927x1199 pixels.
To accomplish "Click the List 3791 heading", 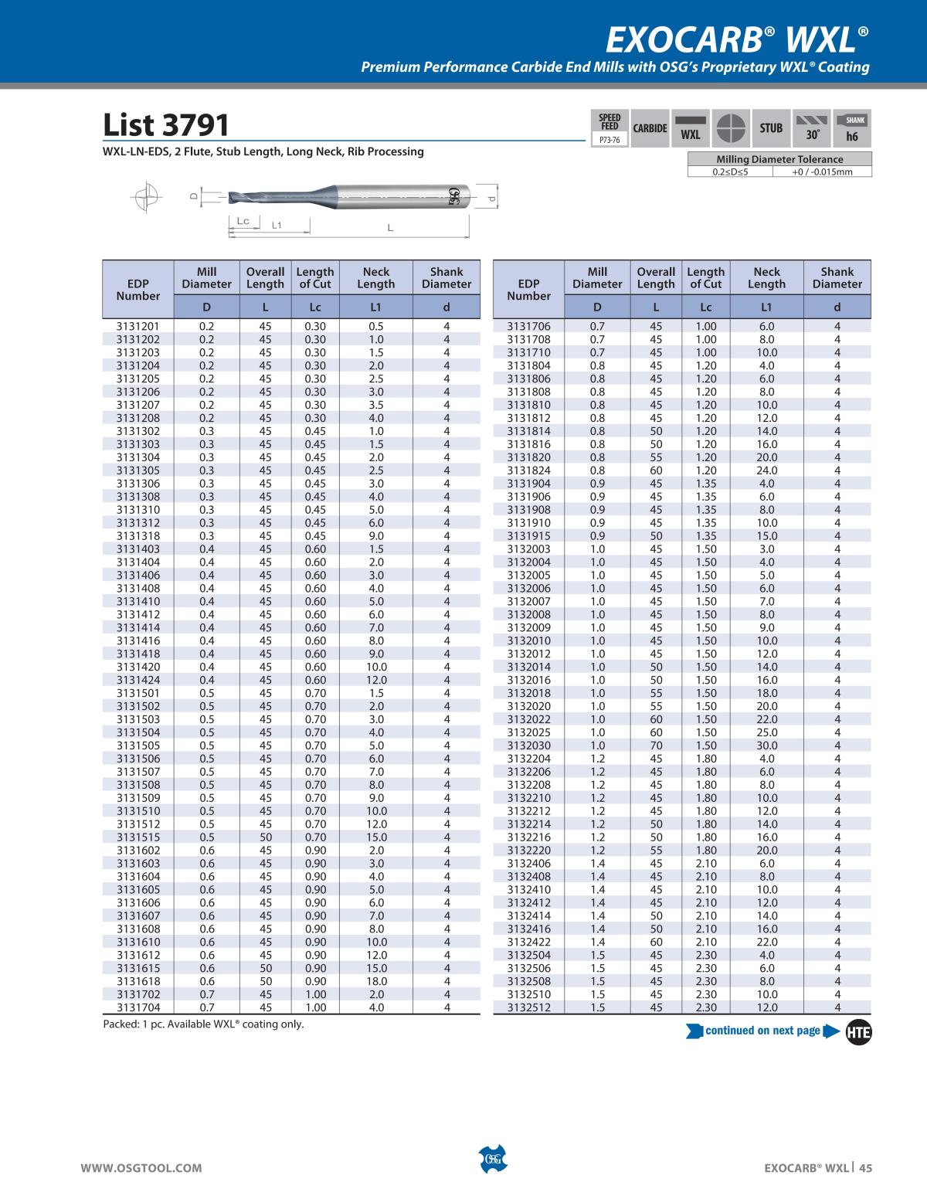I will pyautogui.click(x=166, y=125).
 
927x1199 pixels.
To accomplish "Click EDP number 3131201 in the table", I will pyautogui.click(x=138, y=326).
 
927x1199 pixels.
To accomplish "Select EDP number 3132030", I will pyautogui.click(x=528, y=746).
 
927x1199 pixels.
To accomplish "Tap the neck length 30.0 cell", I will pyautogui.click(x=766, y=746).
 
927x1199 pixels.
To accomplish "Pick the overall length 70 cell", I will pyautogui.click(x=656, y=746).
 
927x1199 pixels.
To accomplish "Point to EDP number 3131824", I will pyautogui.click(x=528, y=470).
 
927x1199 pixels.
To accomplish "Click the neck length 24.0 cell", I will pyautogui.click(x=766, y=470).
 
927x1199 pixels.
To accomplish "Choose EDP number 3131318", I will pyautogui.click(x=138, y=536).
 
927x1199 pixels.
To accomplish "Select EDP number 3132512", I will pyautogui.click(x=528, y=1007).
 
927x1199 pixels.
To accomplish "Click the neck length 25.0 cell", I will pyautogui.click(x=766, y=732).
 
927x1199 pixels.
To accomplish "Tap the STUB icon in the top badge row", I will pyautogui.click(x=771, y=128).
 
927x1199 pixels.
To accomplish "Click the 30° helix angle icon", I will pyautogui.click(x=812, y=128).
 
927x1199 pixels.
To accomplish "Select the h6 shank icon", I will pyautogui.click(x=853, y=128).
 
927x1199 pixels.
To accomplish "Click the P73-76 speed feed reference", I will pyautogui.click(x=610, y=141).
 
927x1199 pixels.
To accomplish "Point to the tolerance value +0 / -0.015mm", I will pyautogui.click(x=822, y=172).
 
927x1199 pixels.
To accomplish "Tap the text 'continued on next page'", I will pyautogui.click(x=762, y=1031).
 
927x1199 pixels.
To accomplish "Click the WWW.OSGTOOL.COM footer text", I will pyautogui.click(x=142, y=1168).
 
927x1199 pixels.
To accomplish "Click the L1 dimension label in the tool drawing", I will pyautogui.click(x=277, y=226).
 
